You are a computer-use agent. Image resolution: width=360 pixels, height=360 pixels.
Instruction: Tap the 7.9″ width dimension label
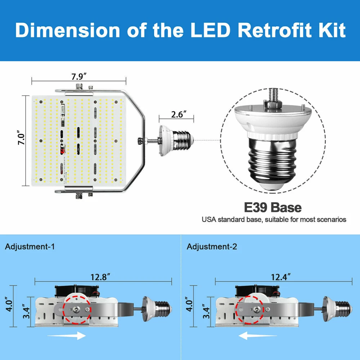79,77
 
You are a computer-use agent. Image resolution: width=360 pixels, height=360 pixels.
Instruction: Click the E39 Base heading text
273,208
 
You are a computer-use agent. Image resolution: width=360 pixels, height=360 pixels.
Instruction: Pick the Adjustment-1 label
30,247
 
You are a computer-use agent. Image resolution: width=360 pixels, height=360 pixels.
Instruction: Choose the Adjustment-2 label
212,247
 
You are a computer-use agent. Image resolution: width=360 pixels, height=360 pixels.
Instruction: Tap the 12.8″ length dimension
99,277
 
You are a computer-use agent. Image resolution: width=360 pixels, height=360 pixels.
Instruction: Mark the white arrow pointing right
67,336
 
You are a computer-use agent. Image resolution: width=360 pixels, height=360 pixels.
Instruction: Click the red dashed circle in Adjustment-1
76,309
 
